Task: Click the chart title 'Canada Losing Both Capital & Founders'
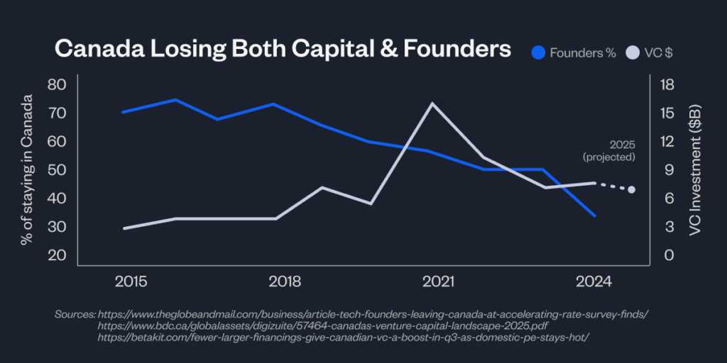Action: point(283,49)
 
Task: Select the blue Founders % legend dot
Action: point(540,52)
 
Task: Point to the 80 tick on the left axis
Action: point(56,84)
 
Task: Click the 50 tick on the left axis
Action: point(56,170)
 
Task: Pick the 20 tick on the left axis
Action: point(56,255)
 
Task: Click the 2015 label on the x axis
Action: point(131,282)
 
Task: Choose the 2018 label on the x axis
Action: point(285,282)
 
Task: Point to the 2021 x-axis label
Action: point(439,282)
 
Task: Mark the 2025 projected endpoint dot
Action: point(631,189)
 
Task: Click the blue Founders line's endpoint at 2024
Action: point(594,216)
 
